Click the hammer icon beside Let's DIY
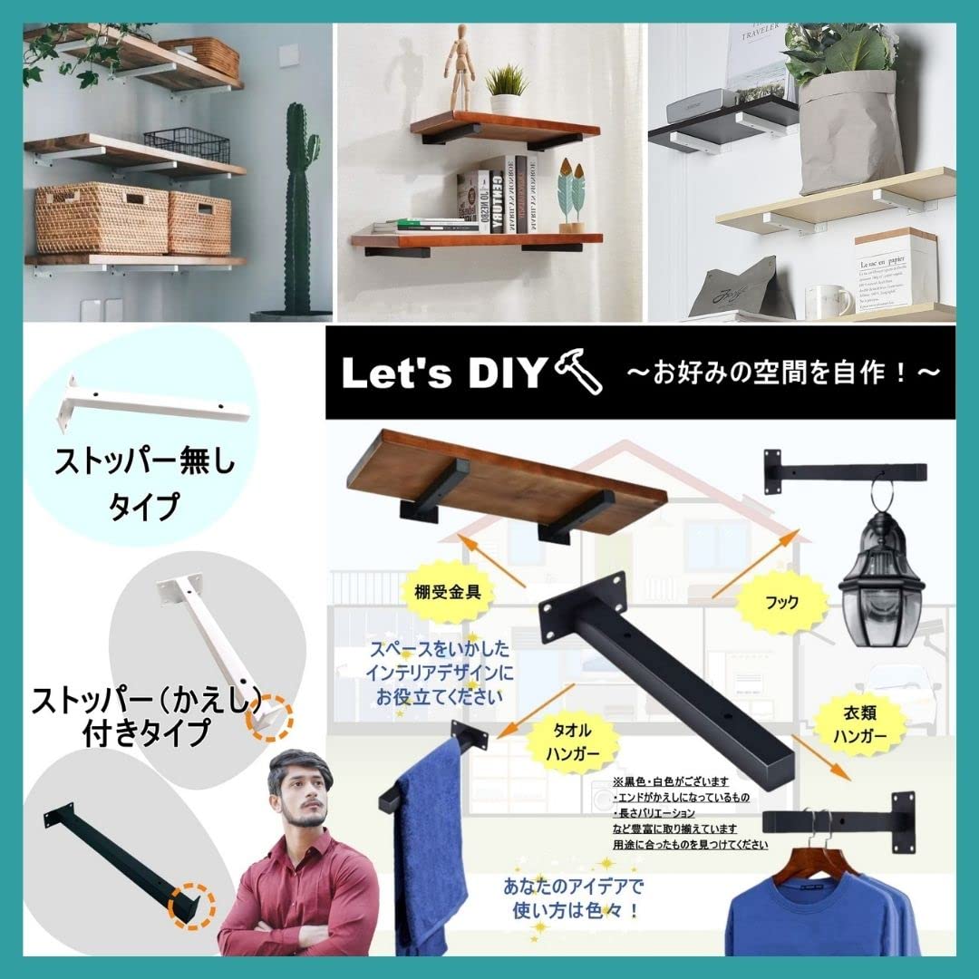pyautogui.click(x=580, y=372)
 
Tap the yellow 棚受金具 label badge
pyautogui.click(x=446, y=594)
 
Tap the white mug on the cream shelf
pyautogui.click(x=826, y=300)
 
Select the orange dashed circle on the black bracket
pyautogui.click(x=193, y=902)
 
